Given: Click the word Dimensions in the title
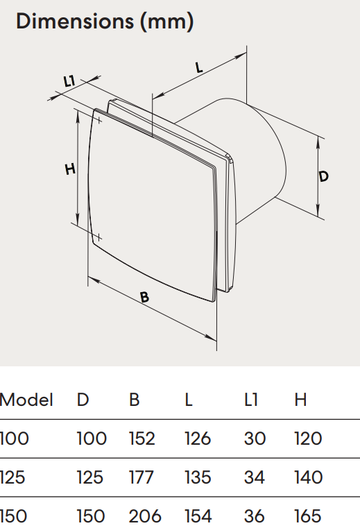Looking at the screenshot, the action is [75, 21].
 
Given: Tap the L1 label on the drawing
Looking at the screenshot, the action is [69, 80].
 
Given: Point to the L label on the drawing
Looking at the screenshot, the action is [199, 68].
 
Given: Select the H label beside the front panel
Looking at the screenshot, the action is [70, 169].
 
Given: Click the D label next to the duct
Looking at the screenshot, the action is [323, 176].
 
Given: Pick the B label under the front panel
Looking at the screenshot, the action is [144, 298].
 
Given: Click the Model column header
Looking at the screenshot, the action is [26, 400].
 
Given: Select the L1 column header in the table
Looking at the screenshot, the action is [251, 400].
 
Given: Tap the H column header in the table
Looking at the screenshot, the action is [300, 400].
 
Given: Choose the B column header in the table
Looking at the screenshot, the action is [134, 400].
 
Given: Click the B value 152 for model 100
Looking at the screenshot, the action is [142, 438].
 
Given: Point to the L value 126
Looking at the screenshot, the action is [198, 438].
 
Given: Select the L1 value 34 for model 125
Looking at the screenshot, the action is [255, 477].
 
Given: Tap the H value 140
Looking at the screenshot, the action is [309, 477].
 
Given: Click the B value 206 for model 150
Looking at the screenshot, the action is [145, 516].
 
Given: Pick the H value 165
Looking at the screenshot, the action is [308, 516].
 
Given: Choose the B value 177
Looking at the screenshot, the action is [141, 477].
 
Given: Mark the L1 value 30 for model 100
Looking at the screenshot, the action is [255, 438].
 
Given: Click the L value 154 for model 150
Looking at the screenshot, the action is [198, 516].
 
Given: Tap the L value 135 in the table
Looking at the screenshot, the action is [198, 477].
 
